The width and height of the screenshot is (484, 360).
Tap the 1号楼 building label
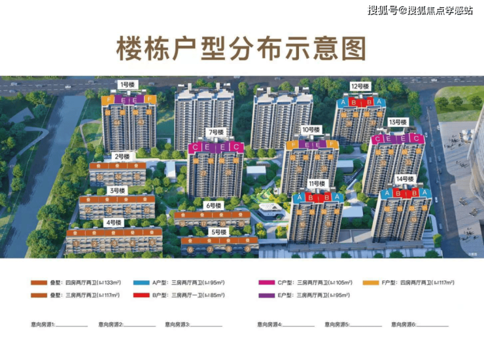coord(127,84)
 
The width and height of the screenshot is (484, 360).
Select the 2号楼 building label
coord(121,156)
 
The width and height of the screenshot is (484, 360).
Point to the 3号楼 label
coord(117,190)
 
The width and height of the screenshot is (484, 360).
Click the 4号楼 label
coord(113,222)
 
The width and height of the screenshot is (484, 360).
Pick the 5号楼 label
coord(218,232)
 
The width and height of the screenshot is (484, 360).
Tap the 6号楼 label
coord(215,206)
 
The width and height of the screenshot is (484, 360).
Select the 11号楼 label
coord(317,183)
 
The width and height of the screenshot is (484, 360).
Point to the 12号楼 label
coord(359,86)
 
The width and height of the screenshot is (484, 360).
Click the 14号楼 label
coord(405,179)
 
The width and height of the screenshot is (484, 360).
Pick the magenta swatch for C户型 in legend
coord(266,283)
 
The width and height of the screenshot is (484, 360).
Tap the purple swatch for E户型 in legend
coord(266,295)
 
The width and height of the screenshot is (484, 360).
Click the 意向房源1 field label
coord(43,324)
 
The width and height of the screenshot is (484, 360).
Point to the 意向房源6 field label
coord(405,324)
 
